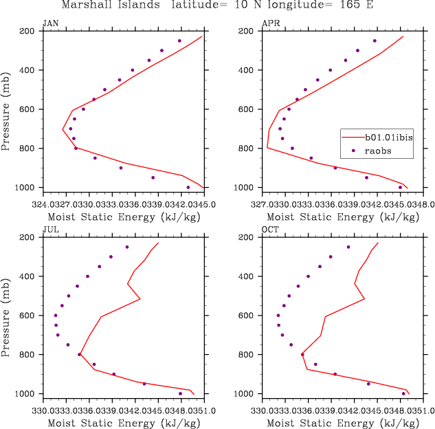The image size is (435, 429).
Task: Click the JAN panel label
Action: pos(50,23)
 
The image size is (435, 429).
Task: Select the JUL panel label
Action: pos(50,230)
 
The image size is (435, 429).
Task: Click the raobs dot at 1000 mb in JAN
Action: pos(188,187)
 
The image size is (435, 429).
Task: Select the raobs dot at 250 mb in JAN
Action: pos(179,41)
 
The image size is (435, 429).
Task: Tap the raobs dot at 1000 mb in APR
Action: pos(400,187)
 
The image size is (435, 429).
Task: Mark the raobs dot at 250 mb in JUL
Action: pos(127,247)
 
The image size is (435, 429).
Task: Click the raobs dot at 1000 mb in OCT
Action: pos(403,393)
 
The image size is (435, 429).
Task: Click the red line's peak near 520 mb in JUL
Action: pos(140,298)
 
